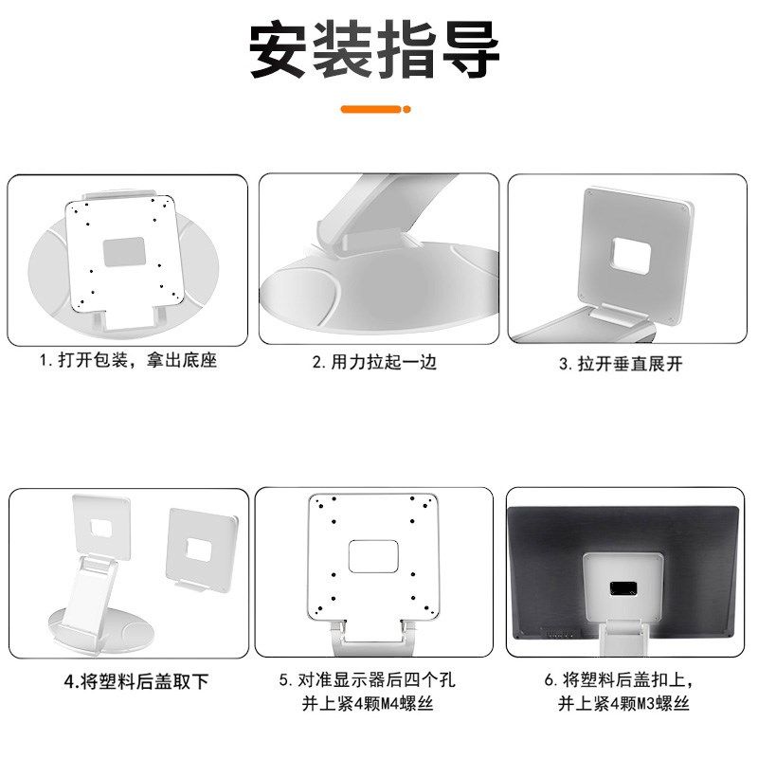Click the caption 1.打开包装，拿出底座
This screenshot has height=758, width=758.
(x=128, y=361)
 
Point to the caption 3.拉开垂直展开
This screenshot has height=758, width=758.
(x=621, y=363)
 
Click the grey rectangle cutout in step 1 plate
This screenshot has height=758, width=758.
(x=123, y=252)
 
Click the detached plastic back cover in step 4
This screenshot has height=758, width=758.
(x=201, y=549)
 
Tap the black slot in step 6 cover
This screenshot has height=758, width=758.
(x=622, y=588)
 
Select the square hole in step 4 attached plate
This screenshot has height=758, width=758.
(x=103, y=526)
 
